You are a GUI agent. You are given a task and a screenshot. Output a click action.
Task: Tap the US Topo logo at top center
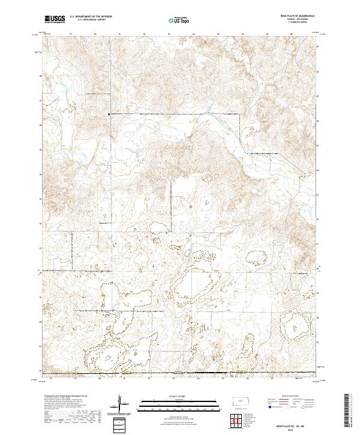pyautogui.click(x=179, y=20)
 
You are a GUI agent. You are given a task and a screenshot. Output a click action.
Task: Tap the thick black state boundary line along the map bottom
pyautogui.click(x=180, y=374)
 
